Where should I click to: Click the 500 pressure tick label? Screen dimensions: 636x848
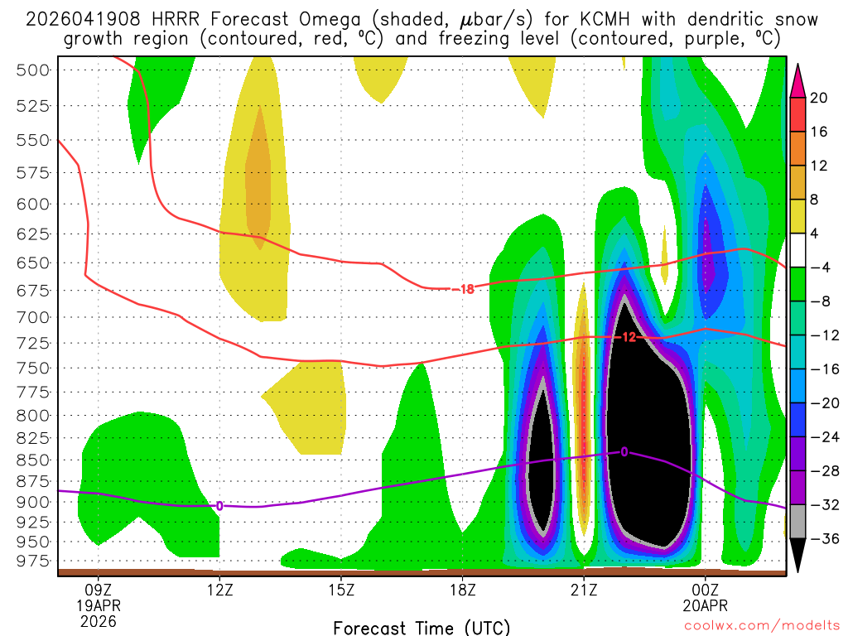(x=34, y=70)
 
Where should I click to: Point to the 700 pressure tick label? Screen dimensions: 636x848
(x=34, y=317)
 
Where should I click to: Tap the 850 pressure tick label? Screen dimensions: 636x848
(x=34, y=460)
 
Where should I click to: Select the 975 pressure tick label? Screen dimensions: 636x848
(x=34, y=561)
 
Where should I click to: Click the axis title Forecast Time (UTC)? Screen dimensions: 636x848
(x=422, y=627)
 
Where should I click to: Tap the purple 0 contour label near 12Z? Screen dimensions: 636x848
(x=219, y=505)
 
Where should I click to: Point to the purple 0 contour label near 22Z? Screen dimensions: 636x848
(x=624, y=451)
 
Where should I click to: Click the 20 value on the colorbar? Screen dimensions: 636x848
(x=819, y=98)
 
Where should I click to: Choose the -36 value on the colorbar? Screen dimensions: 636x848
(x=819, y=539)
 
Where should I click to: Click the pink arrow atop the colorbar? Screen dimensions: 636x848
(x=798, y=79)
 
